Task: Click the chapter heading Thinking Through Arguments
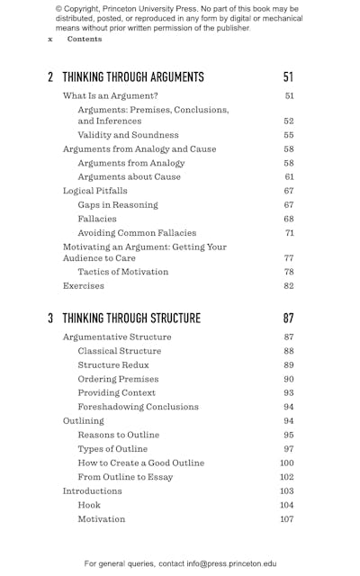tap(133, 77)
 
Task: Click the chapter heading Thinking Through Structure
tap(131, 318)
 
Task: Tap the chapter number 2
tap(50, 77)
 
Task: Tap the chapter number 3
tap(50, 318)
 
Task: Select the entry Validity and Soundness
tap(128, 135)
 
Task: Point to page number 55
tap(288, 135)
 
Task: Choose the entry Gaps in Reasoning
tap(117, 205)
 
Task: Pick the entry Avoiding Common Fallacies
tap(135, 233)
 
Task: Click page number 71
tap(288, 233)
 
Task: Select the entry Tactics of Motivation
tap(122, 272)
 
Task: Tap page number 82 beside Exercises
tap(288, 286)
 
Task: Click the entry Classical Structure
tap(120, 351)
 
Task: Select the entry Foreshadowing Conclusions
tap(138, 407)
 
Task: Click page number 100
tap(286, 463)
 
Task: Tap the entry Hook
tap(89, 505)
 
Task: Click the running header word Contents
tap(85, 40)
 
